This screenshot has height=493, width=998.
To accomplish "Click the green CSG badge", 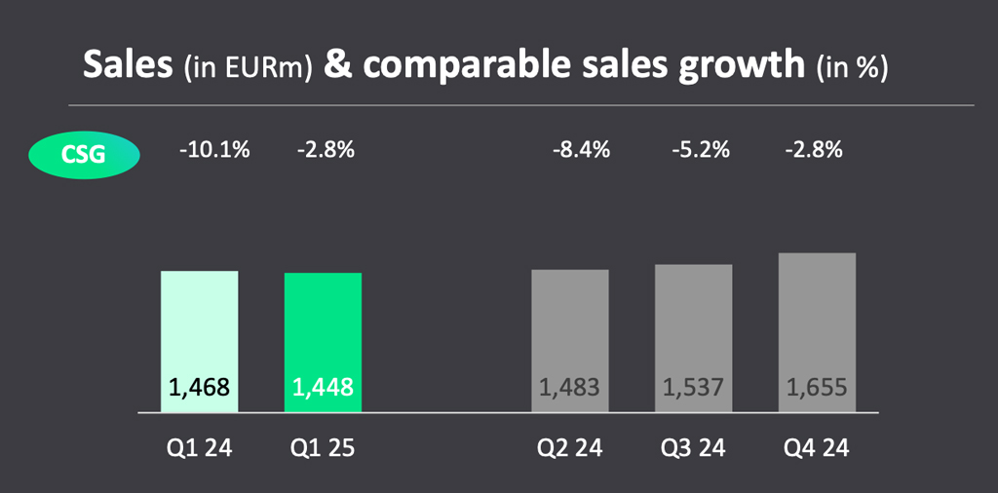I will [84, 154].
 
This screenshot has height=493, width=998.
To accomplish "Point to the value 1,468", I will [200, 388].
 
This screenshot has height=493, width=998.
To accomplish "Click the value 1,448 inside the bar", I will [323, 388].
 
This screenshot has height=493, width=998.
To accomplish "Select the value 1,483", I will [570, 388].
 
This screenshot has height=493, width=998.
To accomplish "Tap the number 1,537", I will [693, 388].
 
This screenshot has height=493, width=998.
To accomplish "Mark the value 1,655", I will [817, 388].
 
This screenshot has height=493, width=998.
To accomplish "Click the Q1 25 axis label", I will [323, 449].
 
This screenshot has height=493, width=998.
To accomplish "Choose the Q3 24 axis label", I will [693, 449].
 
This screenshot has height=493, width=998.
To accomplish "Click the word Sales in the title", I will [129, 64].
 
